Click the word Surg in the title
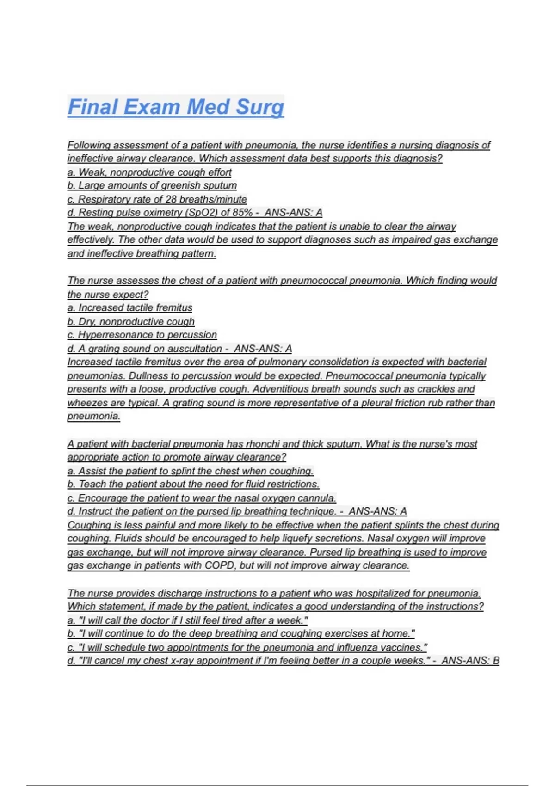(x=259, y=107)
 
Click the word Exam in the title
(x=152, y=107)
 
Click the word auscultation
(x=195, y=349)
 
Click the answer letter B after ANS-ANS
(x=496, y=661)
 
